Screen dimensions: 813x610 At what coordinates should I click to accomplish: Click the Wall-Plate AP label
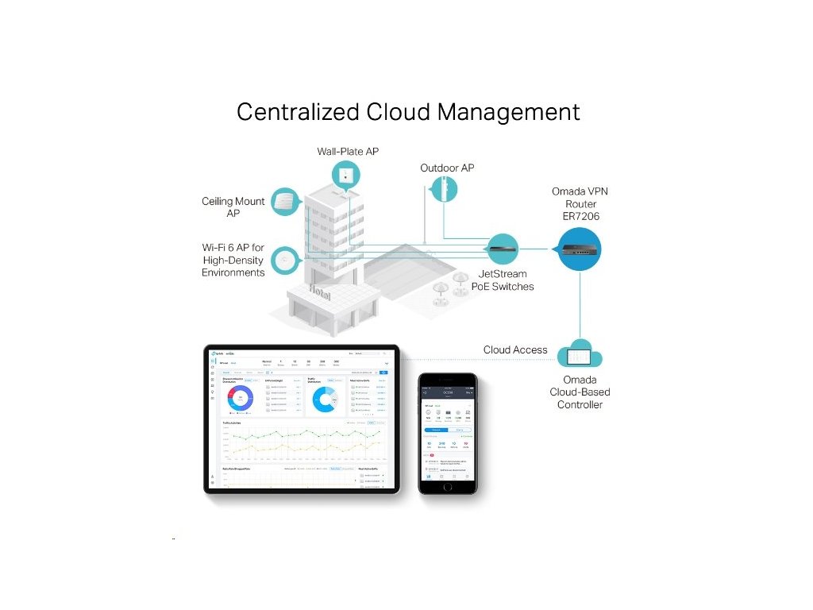(348, 151)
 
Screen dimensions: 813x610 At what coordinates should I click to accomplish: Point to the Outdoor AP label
(447, 168)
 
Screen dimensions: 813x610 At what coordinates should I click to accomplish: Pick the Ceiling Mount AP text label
(233, 207)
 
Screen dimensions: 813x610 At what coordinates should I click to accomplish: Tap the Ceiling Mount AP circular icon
(283, 202)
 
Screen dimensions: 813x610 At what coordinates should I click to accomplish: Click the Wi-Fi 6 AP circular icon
(283, 260)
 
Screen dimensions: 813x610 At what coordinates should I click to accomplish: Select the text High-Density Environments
(233, 266)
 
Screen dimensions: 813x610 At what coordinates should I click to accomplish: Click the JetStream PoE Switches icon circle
(503, 249)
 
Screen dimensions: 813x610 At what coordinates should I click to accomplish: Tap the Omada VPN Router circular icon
(580, 249)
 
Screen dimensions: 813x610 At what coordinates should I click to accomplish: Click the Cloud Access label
(515, 349)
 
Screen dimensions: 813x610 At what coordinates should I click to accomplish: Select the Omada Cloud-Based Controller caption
(580, 392)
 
